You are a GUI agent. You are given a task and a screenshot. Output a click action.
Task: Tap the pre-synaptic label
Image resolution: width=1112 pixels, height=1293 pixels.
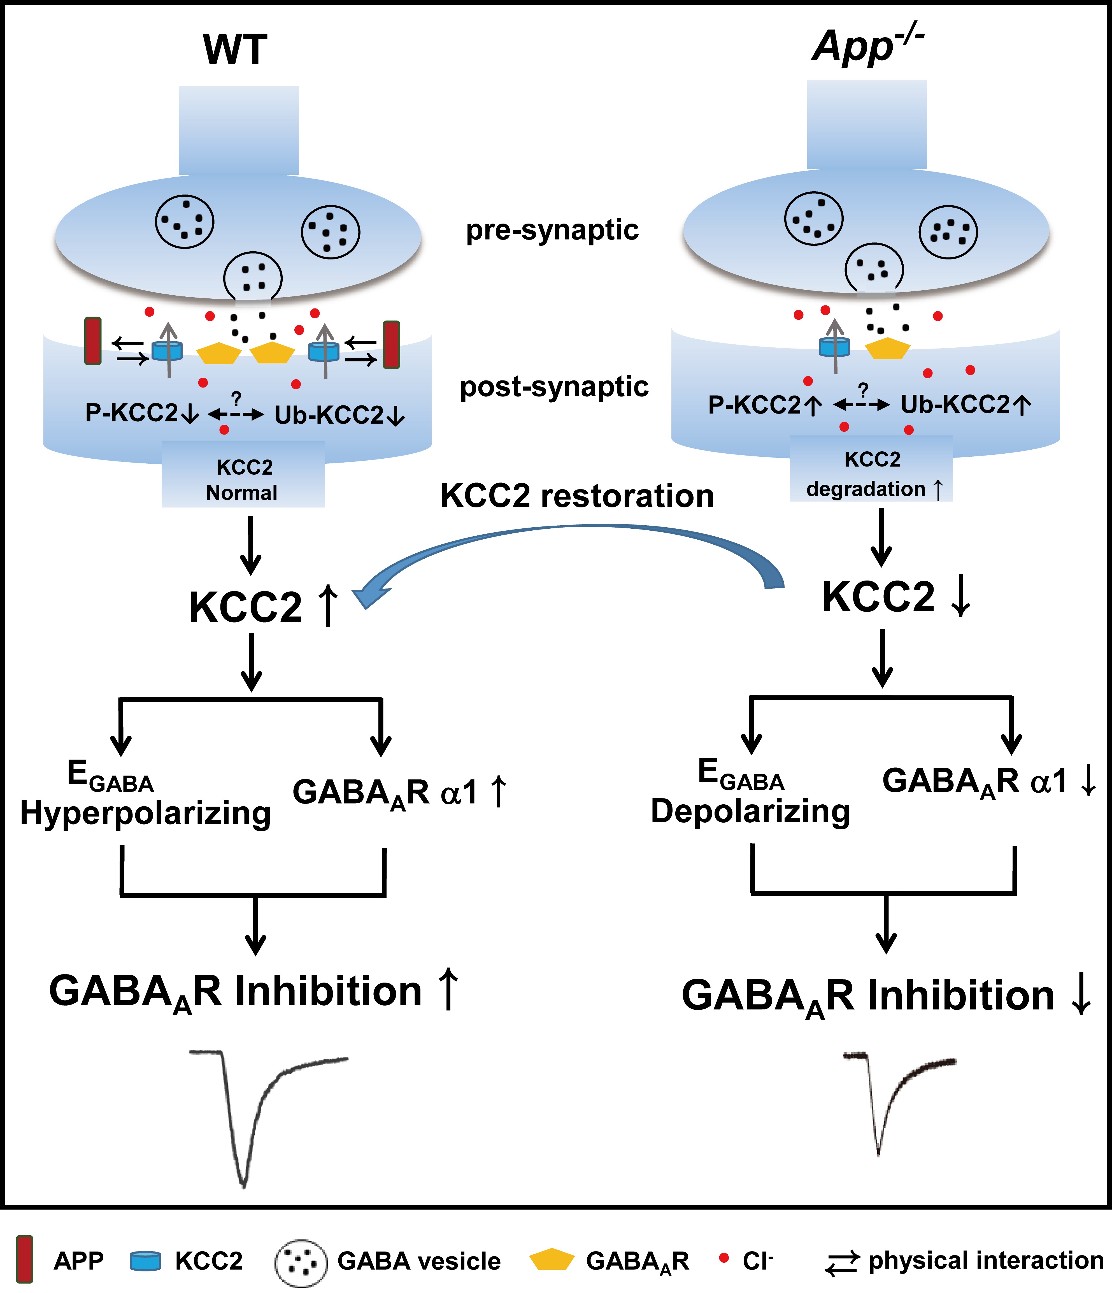point(552,230)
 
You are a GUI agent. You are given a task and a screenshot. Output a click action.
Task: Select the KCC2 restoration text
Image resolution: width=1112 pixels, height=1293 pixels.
point(577,496)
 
